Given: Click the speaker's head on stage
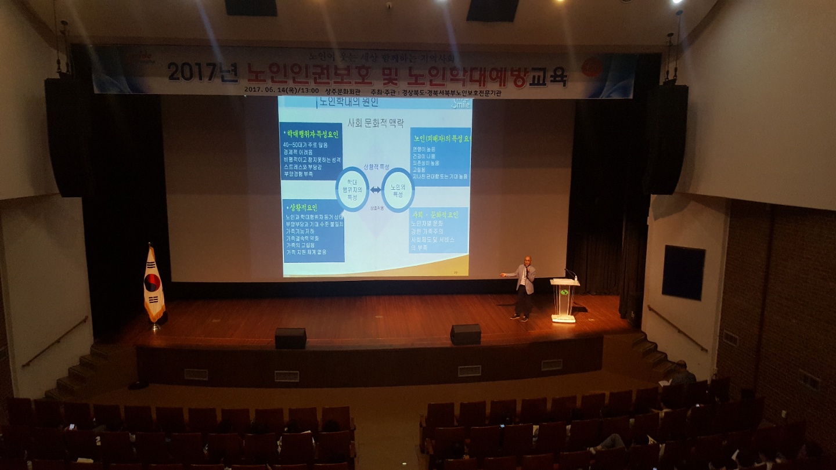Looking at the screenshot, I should point(527,260).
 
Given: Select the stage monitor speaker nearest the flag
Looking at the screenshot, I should point(290,338).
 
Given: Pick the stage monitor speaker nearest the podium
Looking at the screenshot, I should point(465,334).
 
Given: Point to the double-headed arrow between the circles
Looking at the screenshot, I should point(376,190).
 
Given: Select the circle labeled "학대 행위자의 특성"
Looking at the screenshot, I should point(352,190).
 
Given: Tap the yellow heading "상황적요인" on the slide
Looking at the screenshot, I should point(302,207).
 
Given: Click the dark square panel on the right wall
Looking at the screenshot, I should point(683,272).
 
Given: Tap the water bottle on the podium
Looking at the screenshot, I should point(575,276).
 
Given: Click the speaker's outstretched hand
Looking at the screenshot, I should point(503,275).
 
